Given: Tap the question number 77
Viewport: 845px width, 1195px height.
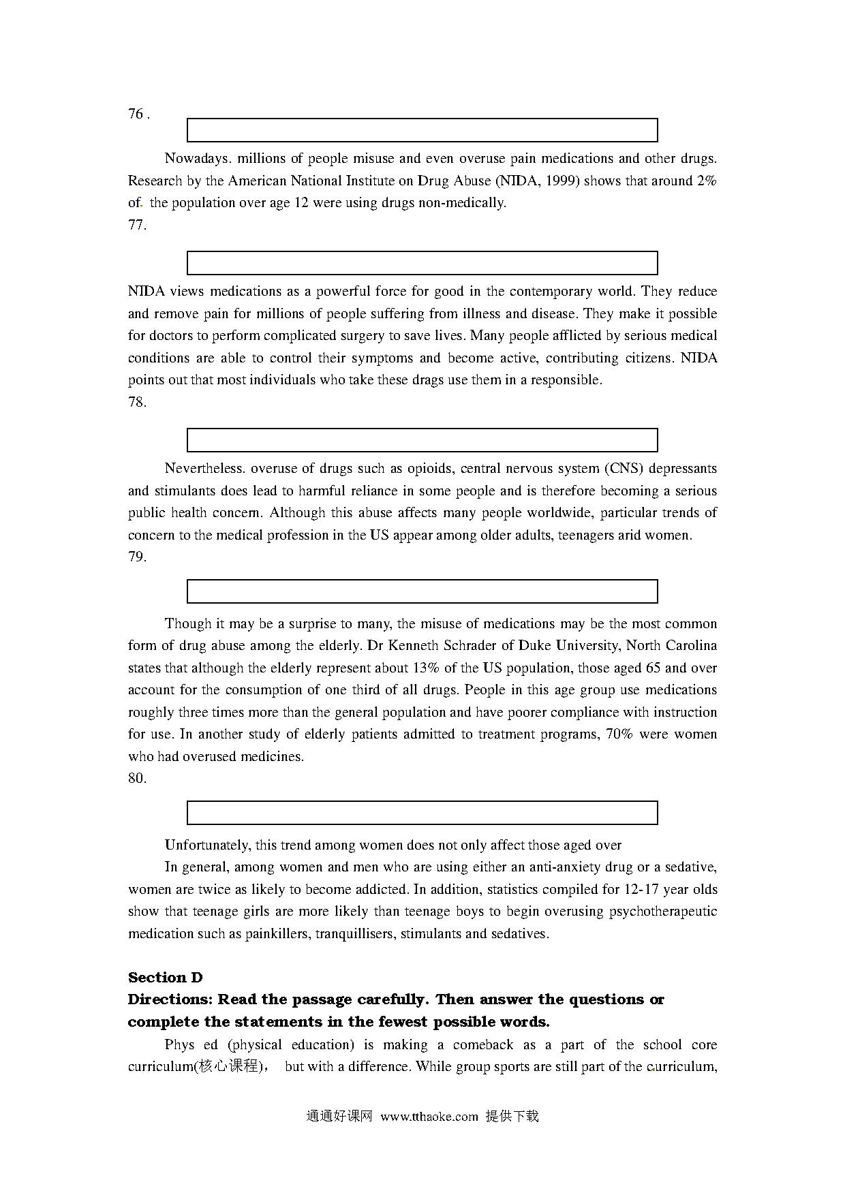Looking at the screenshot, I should point(137,225).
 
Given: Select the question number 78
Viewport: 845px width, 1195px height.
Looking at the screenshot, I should point(137,402).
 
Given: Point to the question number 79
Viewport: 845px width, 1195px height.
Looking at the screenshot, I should point(137,557).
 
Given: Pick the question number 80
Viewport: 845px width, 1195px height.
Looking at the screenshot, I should point(137,778).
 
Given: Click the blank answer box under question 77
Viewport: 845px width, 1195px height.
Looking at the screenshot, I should point(422,263).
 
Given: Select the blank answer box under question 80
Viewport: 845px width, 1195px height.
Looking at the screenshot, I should point(422,813).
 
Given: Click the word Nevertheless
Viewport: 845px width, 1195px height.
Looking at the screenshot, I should point(204,469).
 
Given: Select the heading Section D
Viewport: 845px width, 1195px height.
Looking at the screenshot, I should point(166,978).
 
